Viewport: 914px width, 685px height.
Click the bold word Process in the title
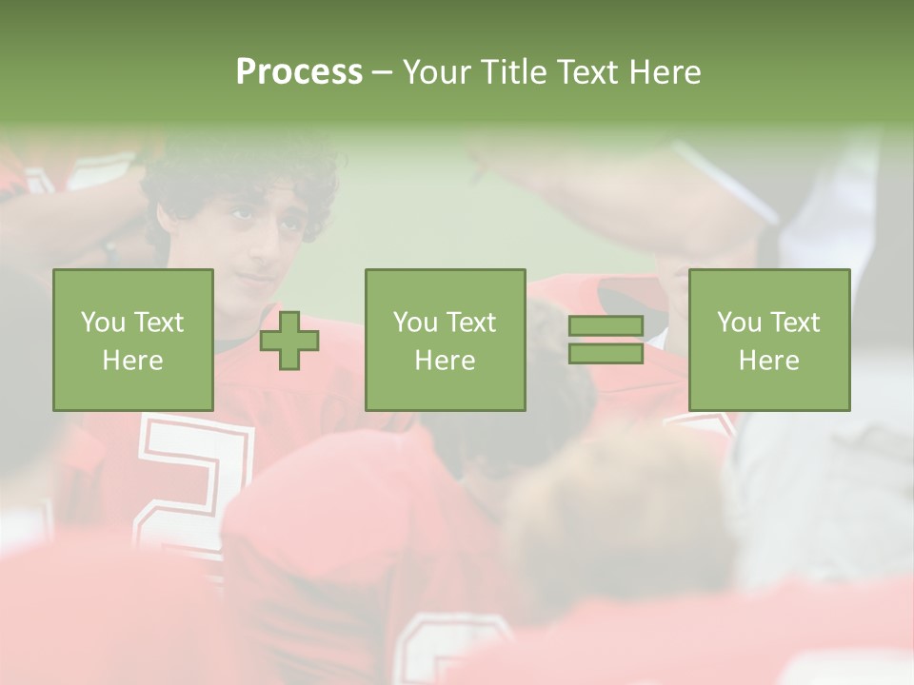pos(299,72)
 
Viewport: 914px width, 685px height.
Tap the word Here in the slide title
pos(664,72)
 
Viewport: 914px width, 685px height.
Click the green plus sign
pos(289,341)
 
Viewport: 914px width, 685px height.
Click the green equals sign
pos(606,341)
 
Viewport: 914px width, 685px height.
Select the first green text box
pos(132,340)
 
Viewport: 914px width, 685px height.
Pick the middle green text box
pos(445,340)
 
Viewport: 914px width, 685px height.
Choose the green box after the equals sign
pos(768,340)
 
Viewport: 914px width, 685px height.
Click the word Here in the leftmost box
pos(132,361)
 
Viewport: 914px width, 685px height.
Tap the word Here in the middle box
pos(445,361)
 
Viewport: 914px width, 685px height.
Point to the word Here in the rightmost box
pos(768,361)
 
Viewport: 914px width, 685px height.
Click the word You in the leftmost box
pos(103,323)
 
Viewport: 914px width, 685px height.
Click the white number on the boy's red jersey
pos(195,476)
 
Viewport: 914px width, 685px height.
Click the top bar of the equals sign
pos(606,326)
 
